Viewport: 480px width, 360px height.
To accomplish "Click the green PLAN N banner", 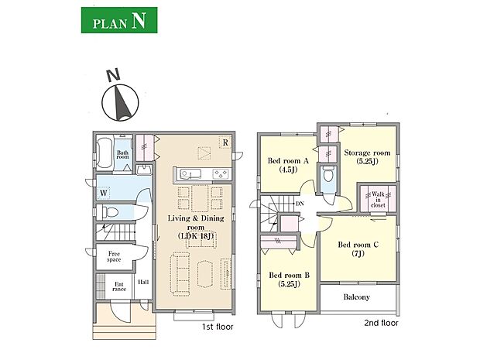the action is click(119, 20).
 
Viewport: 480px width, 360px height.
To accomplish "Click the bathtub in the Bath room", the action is click(105, 153).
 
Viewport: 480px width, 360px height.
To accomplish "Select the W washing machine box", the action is click(104, 194).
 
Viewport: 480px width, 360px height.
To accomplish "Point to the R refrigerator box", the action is click(225, 142).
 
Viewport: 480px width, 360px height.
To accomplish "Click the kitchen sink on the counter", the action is click(190, 174).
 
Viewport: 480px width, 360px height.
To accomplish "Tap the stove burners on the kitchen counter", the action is click(221, 174).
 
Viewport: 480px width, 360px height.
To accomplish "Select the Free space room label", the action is click(114, 256).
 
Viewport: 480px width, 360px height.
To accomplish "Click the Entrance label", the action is click(119, 286).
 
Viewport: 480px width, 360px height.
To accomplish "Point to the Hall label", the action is click(143, 282).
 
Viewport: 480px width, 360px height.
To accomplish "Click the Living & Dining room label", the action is click(196, 227).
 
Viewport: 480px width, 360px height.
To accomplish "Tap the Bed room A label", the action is click(288, 165).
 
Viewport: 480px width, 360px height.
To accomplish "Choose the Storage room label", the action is click(367, 156).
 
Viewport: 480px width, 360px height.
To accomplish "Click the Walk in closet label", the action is click(378, 200).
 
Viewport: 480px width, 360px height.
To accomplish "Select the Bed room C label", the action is click(358, 249).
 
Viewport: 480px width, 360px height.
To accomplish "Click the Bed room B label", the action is click(289, 279).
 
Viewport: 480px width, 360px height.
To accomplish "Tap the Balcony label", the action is click(357, 297).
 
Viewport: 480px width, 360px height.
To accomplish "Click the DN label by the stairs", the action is click(300, 204).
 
